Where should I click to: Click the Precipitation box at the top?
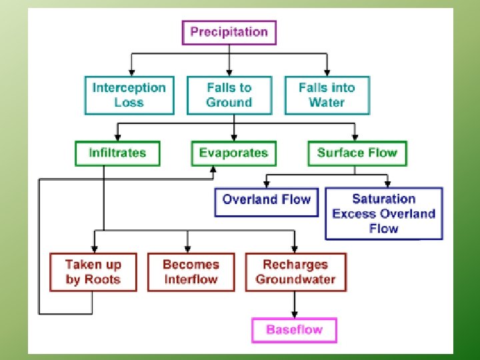pyautogui.click(x=229, y=32)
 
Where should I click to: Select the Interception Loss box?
pyautogui.click(x=129, y=95)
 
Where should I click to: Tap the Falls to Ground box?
pyautogui.click(x=229, y=95)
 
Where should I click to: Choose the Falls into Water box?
pyautogui.click(x=327, y=95)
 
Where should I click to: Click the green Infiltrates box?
pyautogui.click(x=117, y=153)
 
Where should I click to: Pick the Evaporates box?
pyautogui.click(x=233, y=153)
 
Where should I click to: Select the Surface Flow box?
pyautogui.click(x=357, y=153)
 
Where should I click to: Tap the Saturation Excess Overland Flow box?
pyautogui.click(x=383, y=213)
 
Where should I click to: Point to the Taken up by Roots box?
pyautogui.click(x=93, y=272)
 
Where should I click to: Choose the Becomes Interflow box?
pyautogui.click(x=191, y=272)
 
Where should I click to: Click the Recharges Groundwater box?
pyautogui.click(x=295, y=272)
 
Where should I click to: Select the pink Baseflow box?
pyautogui.click(x=294, y=330)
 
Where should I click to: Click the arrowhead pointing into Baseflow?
pyautogui.click(x=295, y=315)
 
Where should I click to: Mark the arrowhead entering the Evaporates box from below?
pyautogui.click(x=213, y=169)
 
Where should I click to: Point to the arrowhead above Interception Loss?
pyautogui.click(x=131, y=71)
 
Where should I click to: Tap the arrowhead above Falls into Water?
pyautogui.click(x=327, y=71)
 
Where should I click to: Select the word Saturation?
pyautogui.click(x=383, y=199)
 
